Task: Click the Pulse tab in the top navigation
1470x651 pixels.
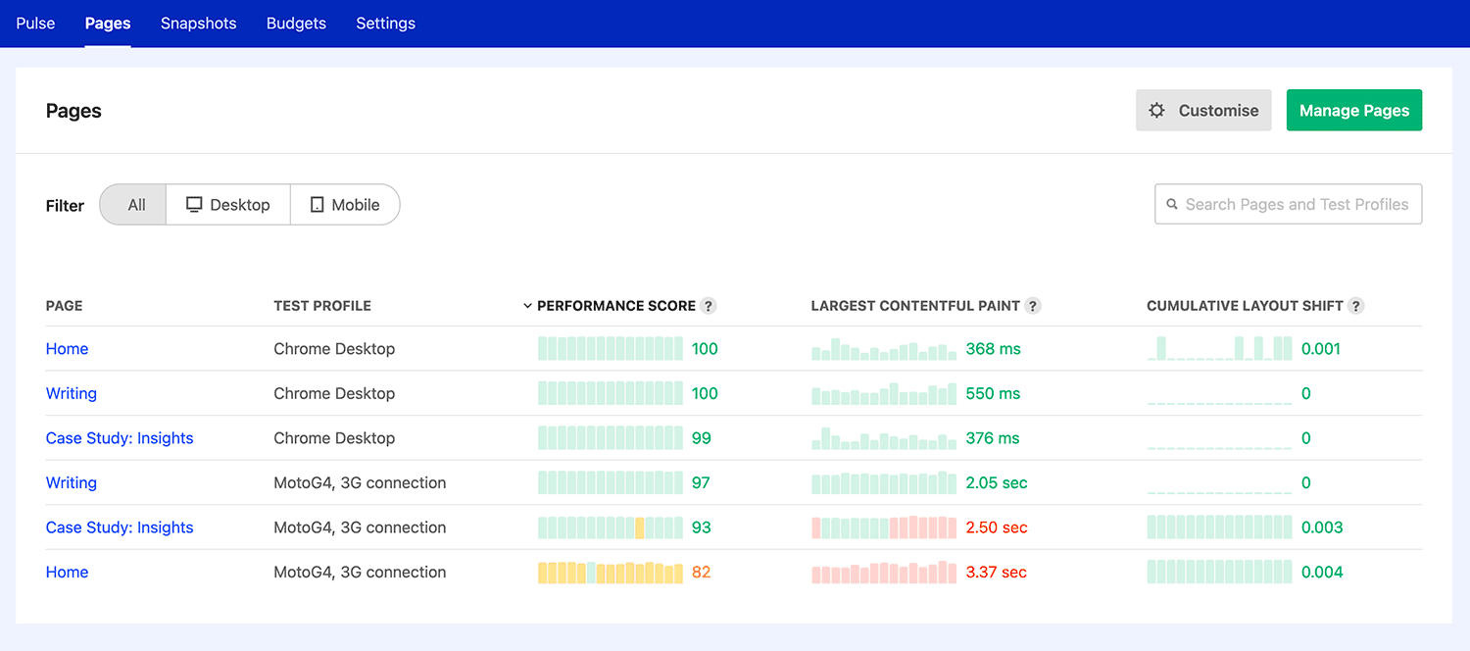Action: pyautogui.click(x=35, y=24)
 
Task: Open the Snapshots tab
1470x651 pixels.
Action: pyautogui.click(x=198, y=24)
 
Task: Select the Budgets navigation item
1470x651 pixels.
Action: pyautogui.click(x=296, y=24)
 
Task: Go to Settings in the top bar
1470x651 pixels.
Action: pyautogui.click(x=385, y=24)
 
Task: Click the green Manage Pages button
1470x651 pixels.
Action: pyautogui.click(x=1353, y=111)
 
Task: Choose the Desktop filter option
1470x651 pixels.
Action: pyautogui.click(x=228, y=205)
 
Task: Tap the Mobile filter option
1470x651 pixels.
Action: pyautogui.click(x=345, y=205)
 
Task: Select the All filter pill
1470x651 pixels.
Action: pyautogui.click(x=135, y=205)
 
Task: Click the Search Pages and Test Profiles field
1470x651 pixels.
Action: pyautogui.click(x=1288, y=205)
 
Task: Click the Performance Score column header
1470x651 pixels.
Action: pyautogui.click(x=615, y=306)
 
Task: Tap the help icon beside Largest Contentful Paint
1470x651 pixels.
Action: pyautogui.click(x=1032, y=306)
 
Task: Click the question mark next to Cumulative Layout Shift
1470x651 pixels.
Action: pyautogui.click(x=1355, y=306)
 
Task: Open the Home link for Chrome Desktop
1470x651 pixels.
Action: pyautogui.click(x=67, y=349)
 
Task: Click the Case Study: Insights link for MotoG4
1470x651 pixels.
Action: pyautogui.click(x=120, y=527)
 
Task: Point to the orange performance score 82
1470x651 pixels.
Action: pyautogui.click(x=701, y=573)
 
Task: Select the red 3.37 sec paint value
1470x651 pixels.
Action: pyautogui.click(x=996, y=573)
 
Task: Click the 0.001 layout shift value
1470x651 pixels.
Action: pyautogui.click(x=1320, y=349)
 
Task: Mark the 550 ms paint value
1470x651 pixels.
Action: pyautogui.click(x=993, y=394)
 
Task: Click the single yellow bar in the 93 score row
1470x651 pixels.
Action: pyautogui.click(x=640, y=527)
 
